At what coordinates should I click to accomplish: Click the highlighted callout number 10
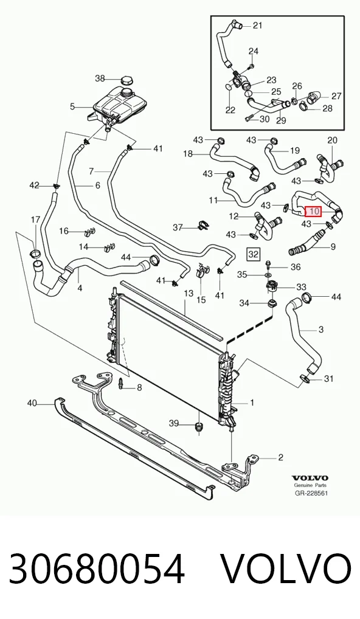314,212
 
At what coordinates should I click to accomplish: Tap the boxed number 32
253,254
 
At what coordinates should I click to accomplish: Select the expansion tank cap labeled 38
126,80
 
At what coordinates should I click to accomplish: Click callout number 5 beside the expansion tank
72,106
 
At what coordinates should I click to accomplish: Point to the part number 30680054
97,569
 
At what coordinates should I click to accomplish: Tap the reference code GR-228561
311,493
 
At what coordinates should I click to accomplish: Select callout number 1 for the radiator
252,403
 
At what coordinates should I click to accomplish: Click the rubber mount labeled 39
199,427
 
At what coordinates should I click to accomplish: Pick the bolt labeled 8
121,383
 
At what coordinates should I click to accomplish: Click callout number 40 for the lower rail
32,403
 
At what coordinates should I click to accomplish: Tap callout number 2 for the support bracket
281,457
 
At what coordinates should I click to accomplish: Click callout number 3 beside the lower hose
321,329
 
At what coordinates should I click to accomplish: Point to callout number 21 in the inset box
257,26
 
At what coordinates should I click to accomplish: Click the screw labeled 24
252,65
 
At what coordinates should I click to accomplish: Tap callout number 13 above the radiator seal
189,293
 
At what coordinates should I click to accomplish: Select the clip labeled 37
202,226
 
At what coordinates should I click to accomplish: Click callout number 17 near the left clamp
35,220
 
